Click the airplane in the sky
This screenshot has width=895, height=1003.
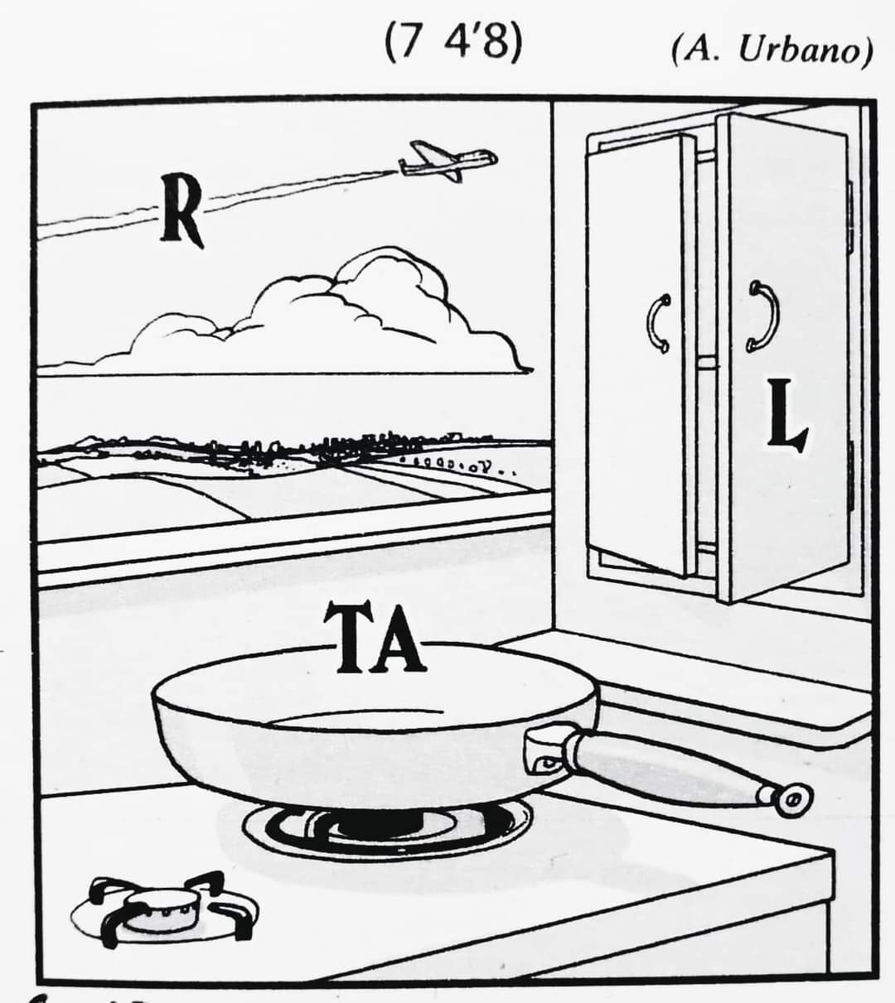pos(447,161)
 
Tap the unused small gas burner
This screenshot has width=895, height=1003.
pos(166,905)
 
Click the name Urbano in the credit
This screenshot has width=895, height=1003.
pos(804,51)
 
